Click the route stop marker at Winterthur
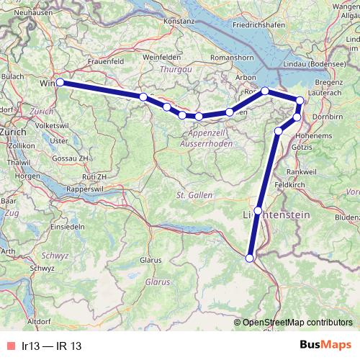[60, 83]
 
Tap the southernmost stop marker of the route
[250, 258]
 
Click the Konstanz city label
[180, 22]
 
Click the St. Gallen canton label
[192, 195]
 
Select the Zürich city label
[14, 133]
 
